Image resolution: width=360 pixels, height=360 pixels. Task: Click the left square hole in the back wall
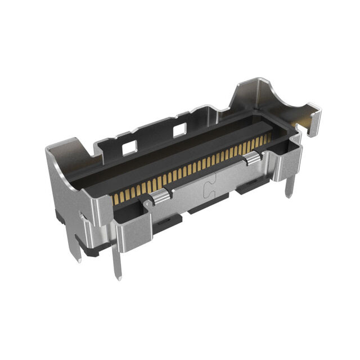coord(129,147)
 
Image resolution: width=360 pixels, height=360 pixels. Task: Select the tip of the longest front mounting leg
coord(118,277)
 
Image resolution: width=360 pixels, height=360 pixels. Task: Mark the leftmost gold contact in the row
coord(116,197)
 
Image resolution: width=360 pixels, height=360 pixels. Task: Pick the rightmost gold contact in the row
coord(268,138)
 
